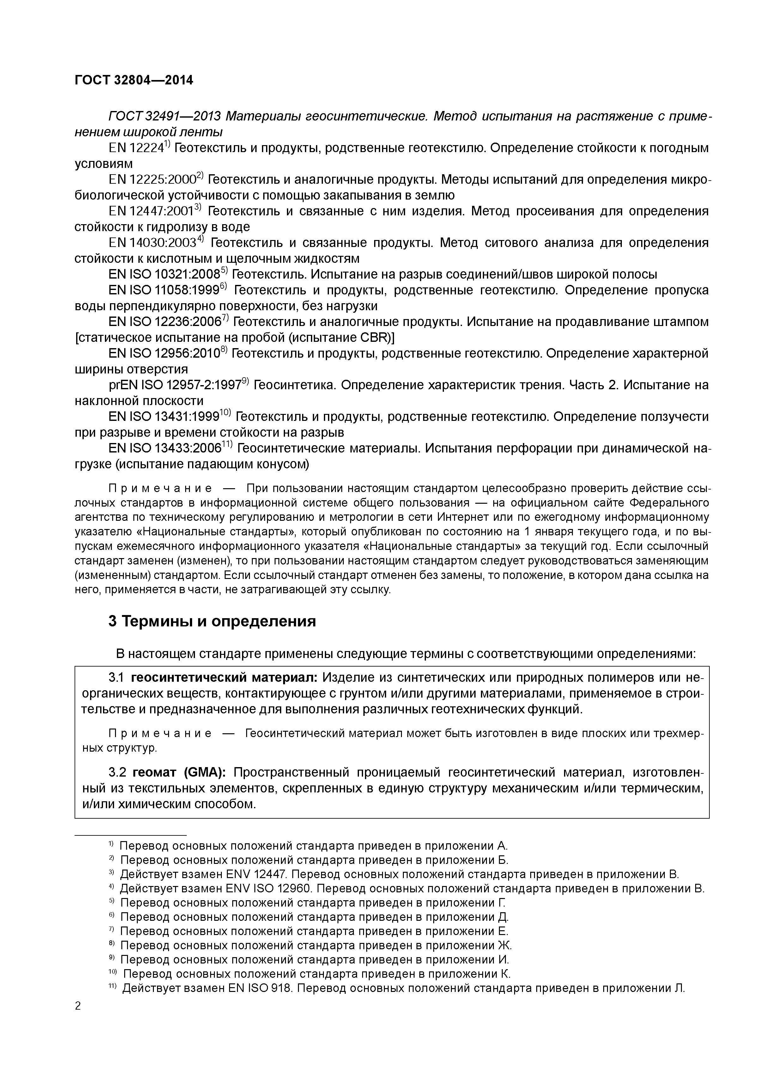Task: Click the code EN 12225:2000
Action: click(x=152, y=180)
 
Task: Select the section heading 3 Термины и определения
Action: click(x=212, y=621)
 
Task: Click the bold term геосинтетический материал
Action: click(x=224, y=678)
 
